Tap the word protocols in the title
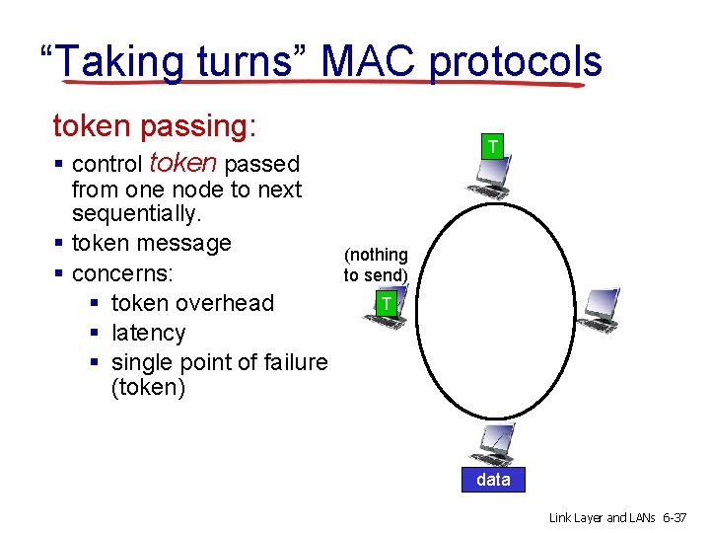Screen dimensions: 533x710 tap(515, 63)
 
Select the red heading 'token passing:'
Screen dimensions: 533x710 tap(155, 125)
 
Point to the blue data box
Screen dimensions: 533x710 tap(493, 480)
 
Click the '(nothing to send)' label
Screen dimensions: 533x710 tap(376, 265)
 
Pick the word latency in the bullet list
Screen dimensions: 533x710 tap(149, 333)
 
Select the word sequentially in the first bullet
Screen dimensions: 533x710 tap(136, 214)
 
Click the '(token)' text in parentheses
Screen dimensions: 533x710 tap(148, 387)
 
